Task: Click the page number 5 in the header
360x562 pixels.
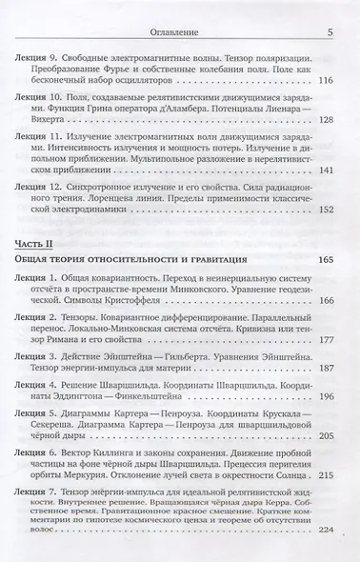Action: point(328,31)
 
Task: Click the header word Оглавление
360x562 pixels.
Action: point(180,31)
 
